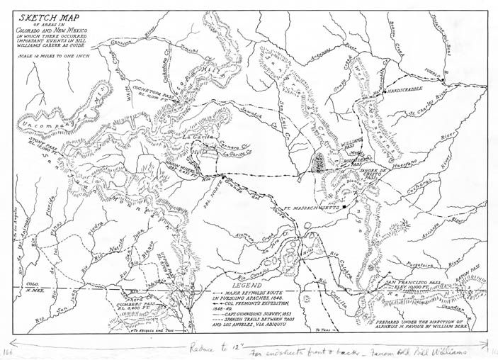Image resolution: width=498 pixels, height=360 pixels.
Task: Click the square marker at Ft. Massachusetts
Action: pos(343,208)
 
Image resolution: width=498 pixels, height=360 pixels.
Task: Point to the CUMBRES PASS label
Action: pos(134,305)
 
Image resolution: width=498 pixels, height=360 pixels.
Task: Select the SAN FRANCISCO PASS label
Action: pos(409,282)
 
